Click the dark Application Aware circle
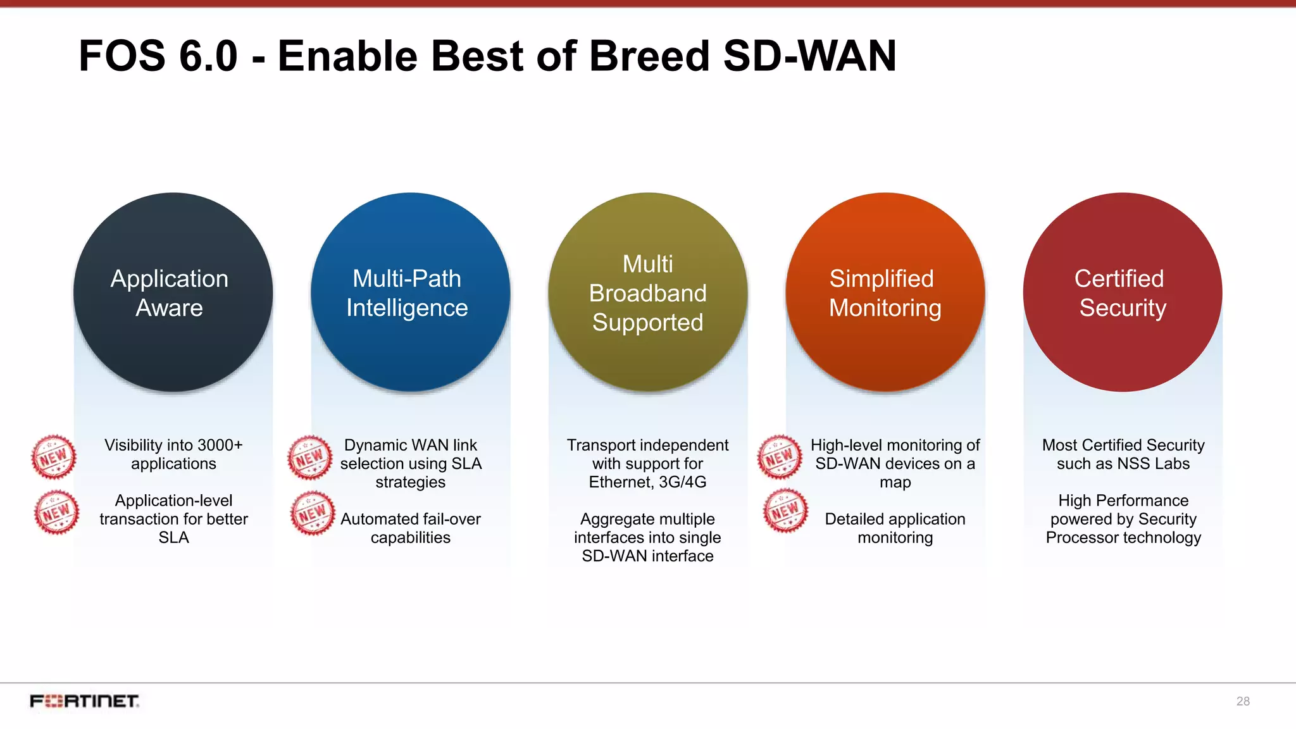(173, 292)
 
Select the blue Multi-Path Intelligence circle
(410, 292)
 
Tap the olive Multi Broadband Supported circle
(647, 292)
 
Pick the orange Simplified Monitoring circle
(885, 292)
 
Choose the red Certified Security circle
(1122, 292)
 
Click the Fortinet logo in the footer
(85, 701)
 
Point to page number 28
(1242, 701)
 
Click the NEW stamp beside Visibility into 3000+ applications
(54, 456)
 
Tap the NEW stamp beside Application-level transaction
(56, 512)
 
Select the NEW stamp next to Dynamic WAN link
(309, 457)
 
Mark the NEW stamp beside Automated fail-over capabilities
(312, 513)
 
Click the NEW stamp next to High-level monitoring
(780, 456)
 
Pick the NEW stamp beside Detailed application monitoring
(785, 510)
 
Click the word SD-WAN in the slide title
(809, 56)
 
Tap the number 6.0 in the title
(208, 56)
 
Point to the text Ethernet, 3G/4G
(647, 482)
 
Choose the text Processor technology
(1123, 538)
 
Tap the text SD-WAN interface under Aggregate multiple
(647, 556)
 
